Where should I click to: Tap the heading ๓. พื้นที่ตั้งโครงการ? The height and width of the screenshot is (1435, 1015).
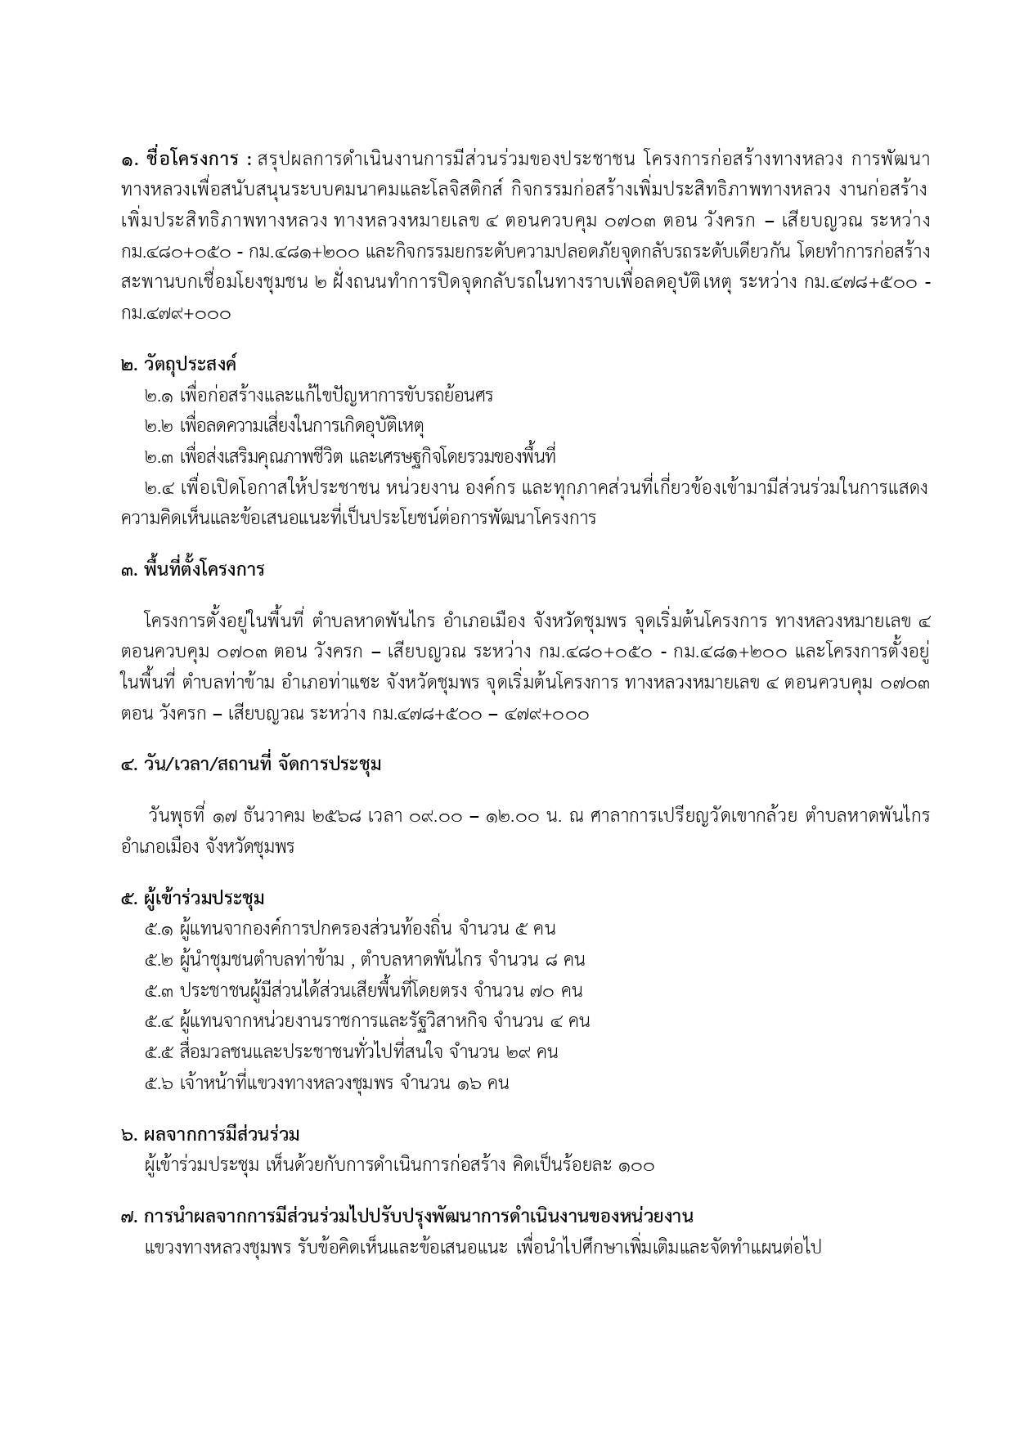tap(192, 569)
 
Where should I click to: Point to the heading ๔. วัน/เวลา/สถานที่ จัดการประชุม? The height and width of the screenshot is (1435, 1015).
tap(250, 765)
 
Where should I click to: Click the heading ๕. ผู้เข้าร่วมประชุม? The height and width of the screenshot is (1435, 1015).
tap(192, 898)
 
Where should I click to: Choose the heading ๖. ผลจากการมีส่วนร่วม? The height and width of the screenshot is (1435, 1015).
tap(209, 1134)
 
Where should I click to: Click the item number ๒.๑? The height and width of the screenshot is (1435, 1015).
tap(158, 396)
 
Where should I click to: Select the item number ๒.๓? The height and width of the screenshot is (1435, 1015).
tap(158, 456)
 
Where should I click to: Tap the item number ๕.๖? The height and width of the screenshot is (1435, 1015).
tap(158, 1083)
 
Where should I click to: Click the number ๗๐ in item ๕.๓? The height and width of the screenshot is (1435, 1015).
tap(537, 991)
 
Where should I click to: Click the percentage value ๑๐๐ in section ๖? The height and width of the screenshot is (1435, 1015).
tap(636, 1165)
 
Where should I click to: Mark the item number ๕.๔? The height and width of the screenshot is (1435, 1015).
tap(158, 1021)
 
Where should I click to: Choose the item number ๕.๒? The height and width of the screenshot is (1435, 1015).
tap(158, 960)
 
